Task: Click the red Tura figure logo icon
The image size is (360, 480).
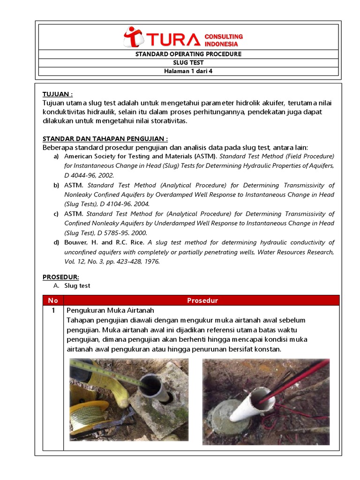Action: click(x=134, y=37)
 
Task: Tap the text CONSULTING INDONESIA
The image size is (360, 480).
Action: click(x=224, y=40)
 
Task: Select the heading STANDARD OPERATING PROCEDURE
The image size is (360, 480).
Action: click(x=188, y=54)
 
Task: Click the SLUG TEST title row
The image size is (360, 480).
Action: click(x=188, y=63)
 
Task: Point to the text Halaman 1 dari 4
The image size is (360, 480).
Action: click(x=188, y=71)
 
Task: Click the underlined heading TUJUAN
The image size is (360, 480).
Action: click(x=58, y=94)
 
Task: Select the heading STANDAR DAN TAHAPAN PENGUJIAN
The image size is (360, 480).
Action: click(x=105, y=139)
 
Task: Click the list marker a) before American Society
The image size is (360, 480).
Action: click(x=56, y=156)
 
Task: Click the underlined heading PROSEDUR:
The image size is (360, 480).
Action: click(x=61, y=277)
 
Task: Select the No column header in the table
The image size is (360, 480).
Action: click(x=53, y=300)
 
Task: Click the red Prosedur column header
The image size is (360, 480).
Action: click(x=202, y=300)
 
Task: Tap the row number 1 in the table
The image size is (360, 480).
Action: click(x=53, y=310)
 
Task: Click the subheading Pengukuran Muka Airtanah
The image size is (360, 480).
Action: click(x=110, y=310)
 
